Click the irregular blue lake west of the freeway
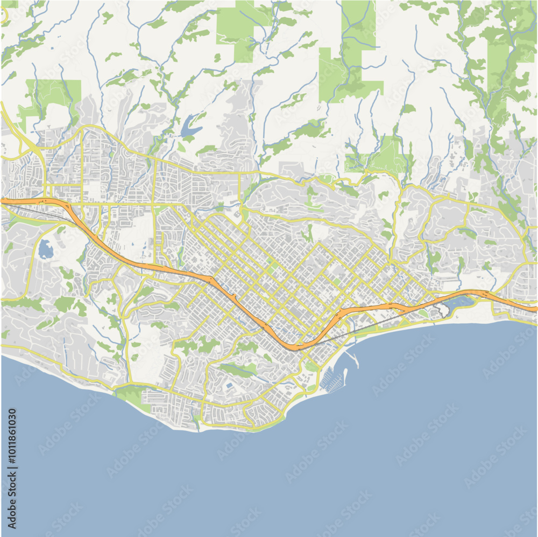[45, 249]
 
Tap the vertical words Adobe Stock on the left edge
[12, 501]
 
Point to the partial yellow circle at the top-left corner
[4, 15]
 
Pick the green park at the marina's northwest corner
[311, 367]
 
